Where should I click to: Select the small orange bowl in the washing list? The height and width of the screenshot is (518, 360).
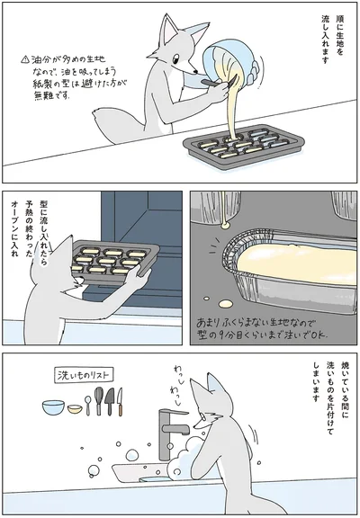(74, 409)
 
